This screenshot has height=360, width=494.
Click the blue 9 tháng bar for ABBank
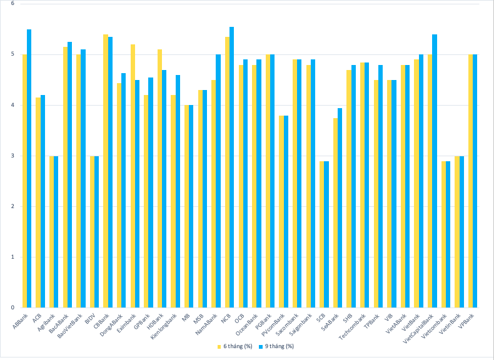(x=29, y=169)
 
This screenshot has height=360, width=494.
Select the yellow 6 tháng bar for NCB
(x=227, y=172)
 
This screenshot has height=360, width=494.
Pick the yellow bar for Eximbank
(x=133, y=176)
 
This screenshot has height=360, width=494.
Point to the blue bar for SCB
(x=326, y=234)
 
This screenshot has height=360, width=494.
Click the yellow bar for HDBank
(x=159, y=178)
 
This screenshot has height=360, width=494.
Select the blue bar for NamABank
(x=218, y=181)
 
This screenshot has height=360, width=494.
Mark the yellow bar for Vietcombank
(x=443, y=234)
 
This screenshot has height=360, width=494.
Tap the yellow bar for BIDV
(x=92, y=232)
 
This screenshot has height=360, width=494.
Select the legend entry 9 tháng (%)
(x=278, y=346)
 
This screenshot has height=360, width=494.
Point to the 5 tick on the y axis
(x=13, y=54)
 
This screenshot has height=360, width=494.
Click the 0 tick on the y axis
(x=13, y=307)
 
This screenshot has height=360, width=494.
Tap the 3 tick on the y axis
(x=13, y=156)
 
